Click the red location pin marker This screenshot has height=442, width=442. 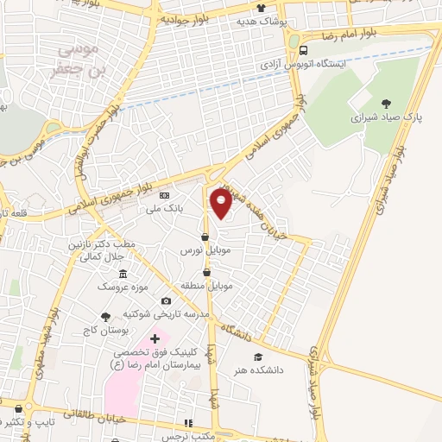[221, 204]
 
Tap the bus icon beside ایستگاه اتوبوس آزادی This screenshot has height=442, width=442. [302, 49]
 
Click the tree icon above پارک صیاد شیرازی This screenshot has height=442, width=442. [385, 103]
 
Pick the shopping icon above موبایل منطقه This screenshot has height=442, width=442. [207, 272]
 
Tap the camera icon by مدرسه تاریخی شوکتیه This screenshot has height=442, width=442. [167, 300]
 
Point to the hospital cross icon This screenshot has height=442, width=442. [155, 338]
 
